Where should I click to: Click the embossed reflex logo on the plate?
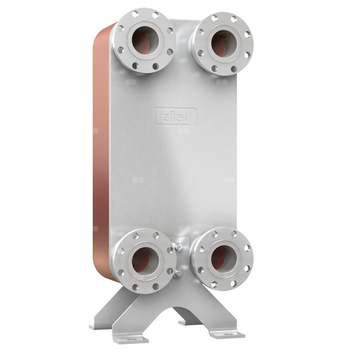[x=174, y=118]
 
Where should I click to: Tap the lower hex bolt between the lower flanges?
[x=178, y=273]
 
